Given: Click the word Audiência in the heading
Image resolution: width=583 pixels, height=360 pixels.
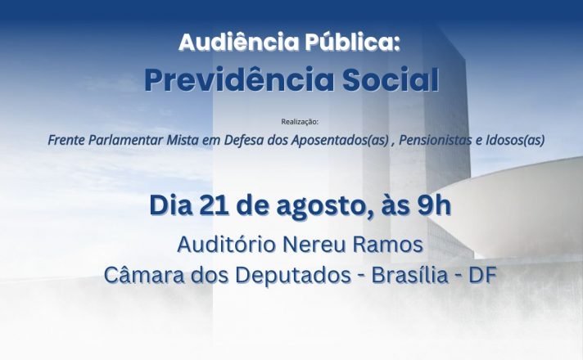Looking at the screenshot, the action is [x=238, y=42].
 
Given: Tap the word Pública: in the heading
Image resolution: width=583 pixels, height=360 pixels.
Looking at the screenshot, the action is [x=352, y=42].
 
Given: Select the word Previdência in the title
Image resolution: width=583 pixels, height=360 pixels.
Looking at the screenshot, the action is [x=239, y=79].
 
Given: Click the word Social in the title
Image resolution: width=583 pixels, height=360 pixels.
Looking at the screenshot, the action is [x=391, y=79].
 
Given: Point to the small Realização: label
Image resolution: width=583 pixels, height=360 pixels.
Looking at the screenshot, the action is [x=300, y=121].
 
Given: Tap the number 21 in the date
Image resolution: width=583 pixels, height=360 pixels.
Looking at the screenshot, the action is [x=215, y=205].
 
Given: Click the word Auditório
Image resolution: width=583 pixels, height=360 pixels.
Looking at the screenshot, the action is [x=227, y=245].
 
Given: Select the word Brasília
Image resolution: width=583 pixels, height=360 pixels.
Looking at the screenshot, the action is [x=409, y=275].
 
